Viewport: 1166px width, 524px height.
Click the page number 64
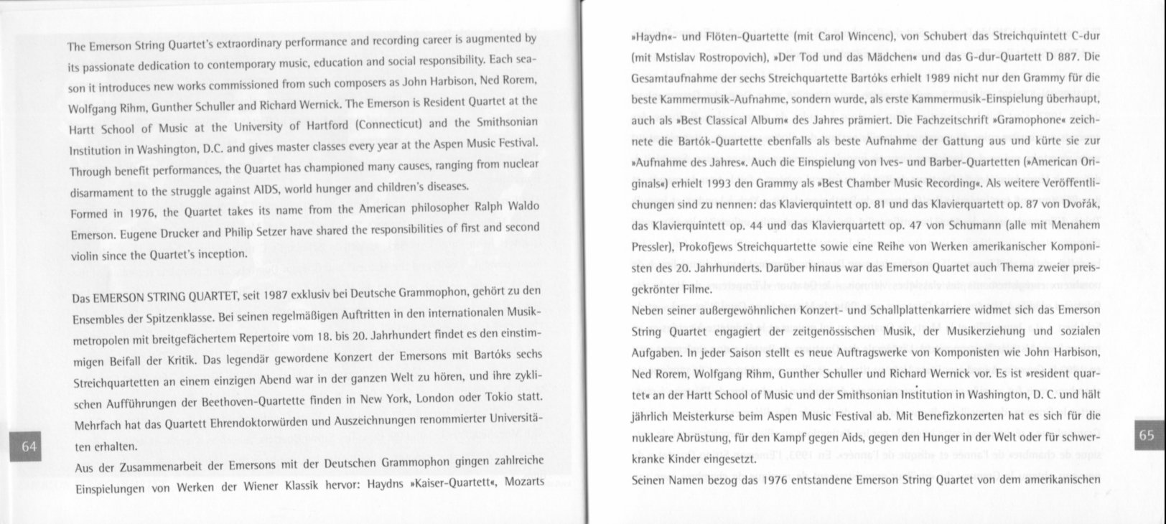coord(29,446)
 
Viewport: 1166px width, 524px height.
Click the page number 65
coord(1146,435)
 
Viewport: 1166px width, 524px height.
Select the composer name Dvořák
coord(1078,206)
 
